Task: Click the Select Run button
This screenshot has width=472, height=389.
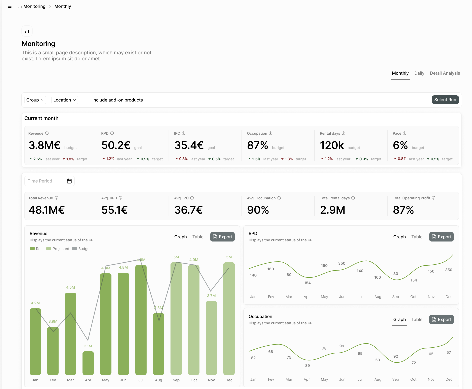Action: coord(445,100)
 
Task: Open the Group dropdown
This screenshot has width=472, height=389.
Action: coord(35,100)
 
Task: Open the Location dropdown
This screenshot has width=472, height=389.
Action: coord(65,100)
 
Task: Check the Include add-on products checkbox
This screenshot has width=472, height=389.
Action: coord(88,100)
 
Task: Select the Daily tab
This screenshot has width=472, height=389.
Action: coord(419,73)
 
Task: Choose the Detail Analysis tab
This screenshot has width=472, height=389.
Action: coord(445,73)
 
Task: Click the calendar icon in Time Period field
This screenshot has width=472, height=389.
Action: coord(69,181)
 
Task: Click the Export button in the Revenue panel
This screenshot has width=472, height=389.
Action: coord(222,237)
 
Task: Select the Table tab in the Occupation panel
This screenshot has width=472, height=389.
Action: coord(417,320)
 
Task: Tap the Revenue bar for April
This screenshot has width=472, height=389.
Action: coord(88,363)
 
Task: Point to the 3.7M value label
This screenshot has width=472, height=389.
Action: coord(211,296)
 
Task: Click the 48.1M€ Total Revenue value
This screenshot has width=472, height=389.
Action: coord(47,210)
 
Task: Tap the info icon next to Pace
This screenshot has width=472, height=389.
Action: coord(405,133)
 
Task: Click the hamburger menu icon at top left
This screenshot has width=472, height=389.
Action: coord(10,6)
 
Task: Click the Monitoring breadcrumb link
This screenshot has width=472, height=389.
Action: coord(34,6)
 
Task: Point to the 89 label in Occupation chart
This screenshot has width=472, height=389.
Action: coord(307,366)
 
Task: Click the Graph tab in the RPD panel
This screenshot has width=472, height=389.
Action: coord(399,237)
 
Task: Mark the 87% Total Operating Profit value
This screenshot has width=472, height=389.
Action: coord(403,210)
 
